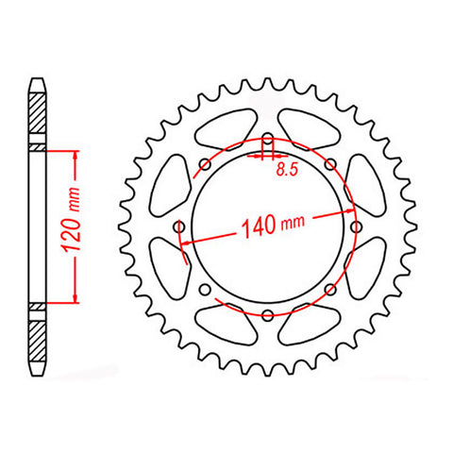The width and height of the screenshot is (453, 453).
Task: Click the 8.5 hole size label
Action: (283, 171)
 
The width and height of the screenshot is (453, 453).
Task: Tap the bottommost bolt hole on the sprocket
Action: (268, 313)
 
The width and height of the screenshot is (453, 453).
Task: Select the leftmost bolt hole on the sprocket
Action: (180, 226)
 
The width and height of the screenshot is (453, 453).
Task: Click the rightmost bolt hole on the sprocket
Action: (355, 226)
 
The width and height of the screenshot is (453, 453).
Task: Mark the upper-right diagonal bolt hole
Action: (329, 165)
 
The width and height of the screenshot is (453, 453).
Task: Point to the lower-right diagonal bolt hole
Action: (329, 288)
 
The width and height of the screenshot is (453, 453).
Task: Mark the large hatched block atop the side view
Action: (37, 118)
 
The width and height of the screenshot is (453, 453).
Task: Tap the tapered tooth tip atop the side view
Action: (37, 82)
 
